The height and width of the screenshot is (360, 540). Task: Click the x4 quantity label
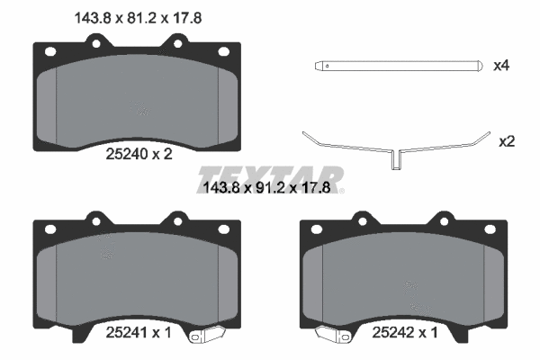coord(502,66)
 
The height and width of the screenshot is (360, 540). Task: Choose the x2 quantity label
coord(506,141)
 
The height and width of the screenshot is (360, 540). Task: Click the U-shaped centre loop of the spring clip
coord(393,159)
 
